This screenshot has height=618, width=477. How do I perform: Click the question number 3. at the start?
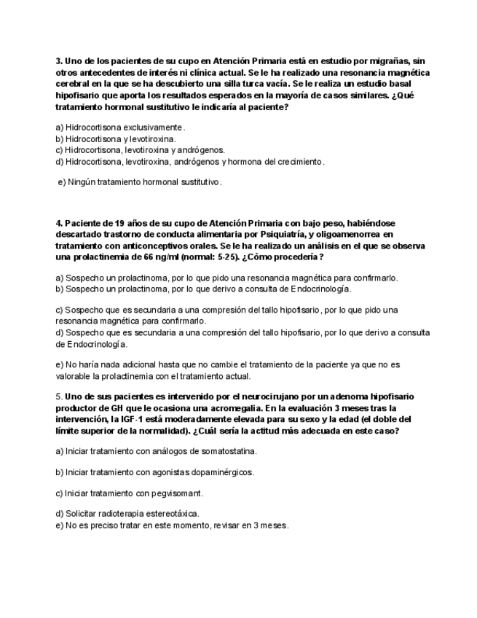(x=59, y=61)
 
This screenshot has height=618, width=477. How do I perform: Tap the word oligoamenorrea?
(x=350, y=235)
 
